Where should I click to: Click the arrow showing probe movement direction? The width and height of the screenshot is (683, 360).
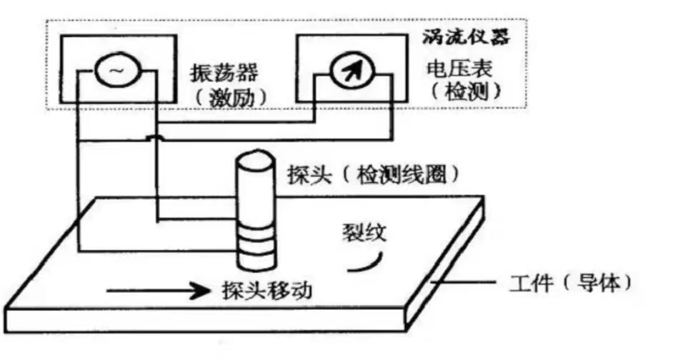pyautogui.click(x=154, y=291)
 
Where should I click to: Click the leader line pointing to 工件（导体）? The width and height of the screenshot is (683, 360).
pyautogui.click(x=464, y=283)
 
